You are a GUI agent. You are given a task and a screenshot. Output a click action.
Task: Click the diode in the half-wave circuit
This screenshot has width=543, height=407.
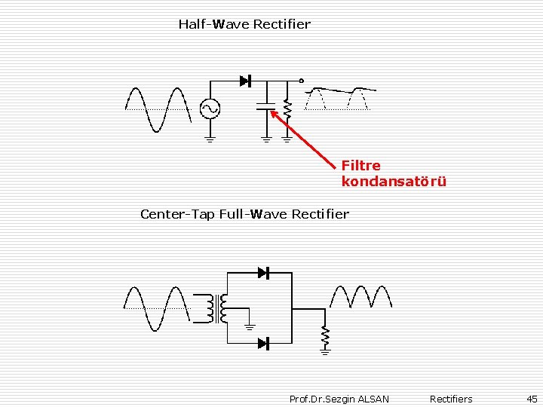244,81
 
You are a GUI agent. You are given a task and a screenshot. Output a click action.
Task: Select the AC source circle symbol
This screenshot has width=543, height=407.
209,109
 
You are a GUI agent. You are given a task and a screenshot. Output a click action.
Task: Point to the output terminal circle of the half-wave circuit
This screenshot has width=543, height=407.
301,81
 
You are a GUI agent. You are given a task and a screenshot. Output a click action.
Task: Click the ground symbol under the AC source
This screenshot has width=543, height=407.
209,138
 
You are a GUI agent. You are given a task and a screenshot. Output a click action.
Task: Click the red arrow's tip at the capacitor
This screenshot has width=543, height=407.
272,112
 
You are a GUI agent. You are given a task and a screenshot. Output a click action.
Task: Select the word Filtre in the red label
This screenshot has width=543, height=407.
361,165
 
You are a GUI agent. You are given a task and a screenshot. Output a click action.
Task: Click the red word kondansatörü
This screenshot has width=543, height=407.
394,182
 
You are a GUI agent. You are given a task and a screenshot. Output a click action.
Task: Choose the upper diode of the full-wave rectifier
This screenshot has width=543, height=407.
263,273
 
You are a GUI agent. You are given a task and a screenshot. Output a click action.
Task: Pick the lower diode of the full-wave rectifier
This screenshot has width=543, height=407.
263,344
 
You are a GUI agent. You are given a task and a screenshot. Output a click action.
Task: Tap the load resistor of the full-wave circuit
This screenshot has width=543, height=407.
325,334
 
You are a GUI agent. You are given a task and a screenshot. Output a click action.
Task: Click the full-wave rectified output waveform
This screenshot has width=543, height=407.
360,297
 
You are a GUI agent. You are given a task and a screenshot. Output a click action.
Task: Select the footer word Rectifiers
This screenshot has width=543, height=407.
451,399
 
